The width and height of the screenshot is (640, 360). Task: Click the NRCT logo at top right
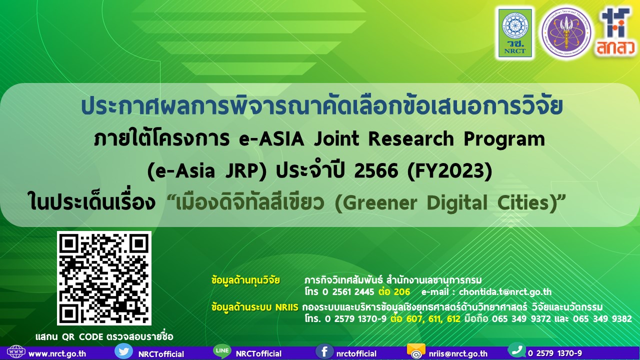click(514, 33)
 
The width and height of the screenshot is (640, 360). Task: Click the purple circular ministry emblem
click(566, 32)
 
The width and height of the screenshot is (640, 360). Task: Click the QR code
click(104, 278)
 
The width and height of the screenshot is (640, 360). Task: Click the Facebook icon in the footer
click(324, 351)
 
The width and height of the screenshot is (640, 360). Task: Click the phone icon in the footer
click(516, 350)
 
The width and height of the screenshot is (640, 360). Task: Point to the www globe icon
click(16, 352)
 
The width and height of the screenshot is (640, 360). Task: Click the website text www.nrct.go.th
click(57, 354)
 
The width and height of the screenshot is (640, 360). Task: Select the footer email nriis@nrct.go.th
click(458, 354)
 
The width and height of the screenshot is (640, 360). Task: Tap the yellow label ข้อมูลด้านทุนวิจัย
click(245, 279)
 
